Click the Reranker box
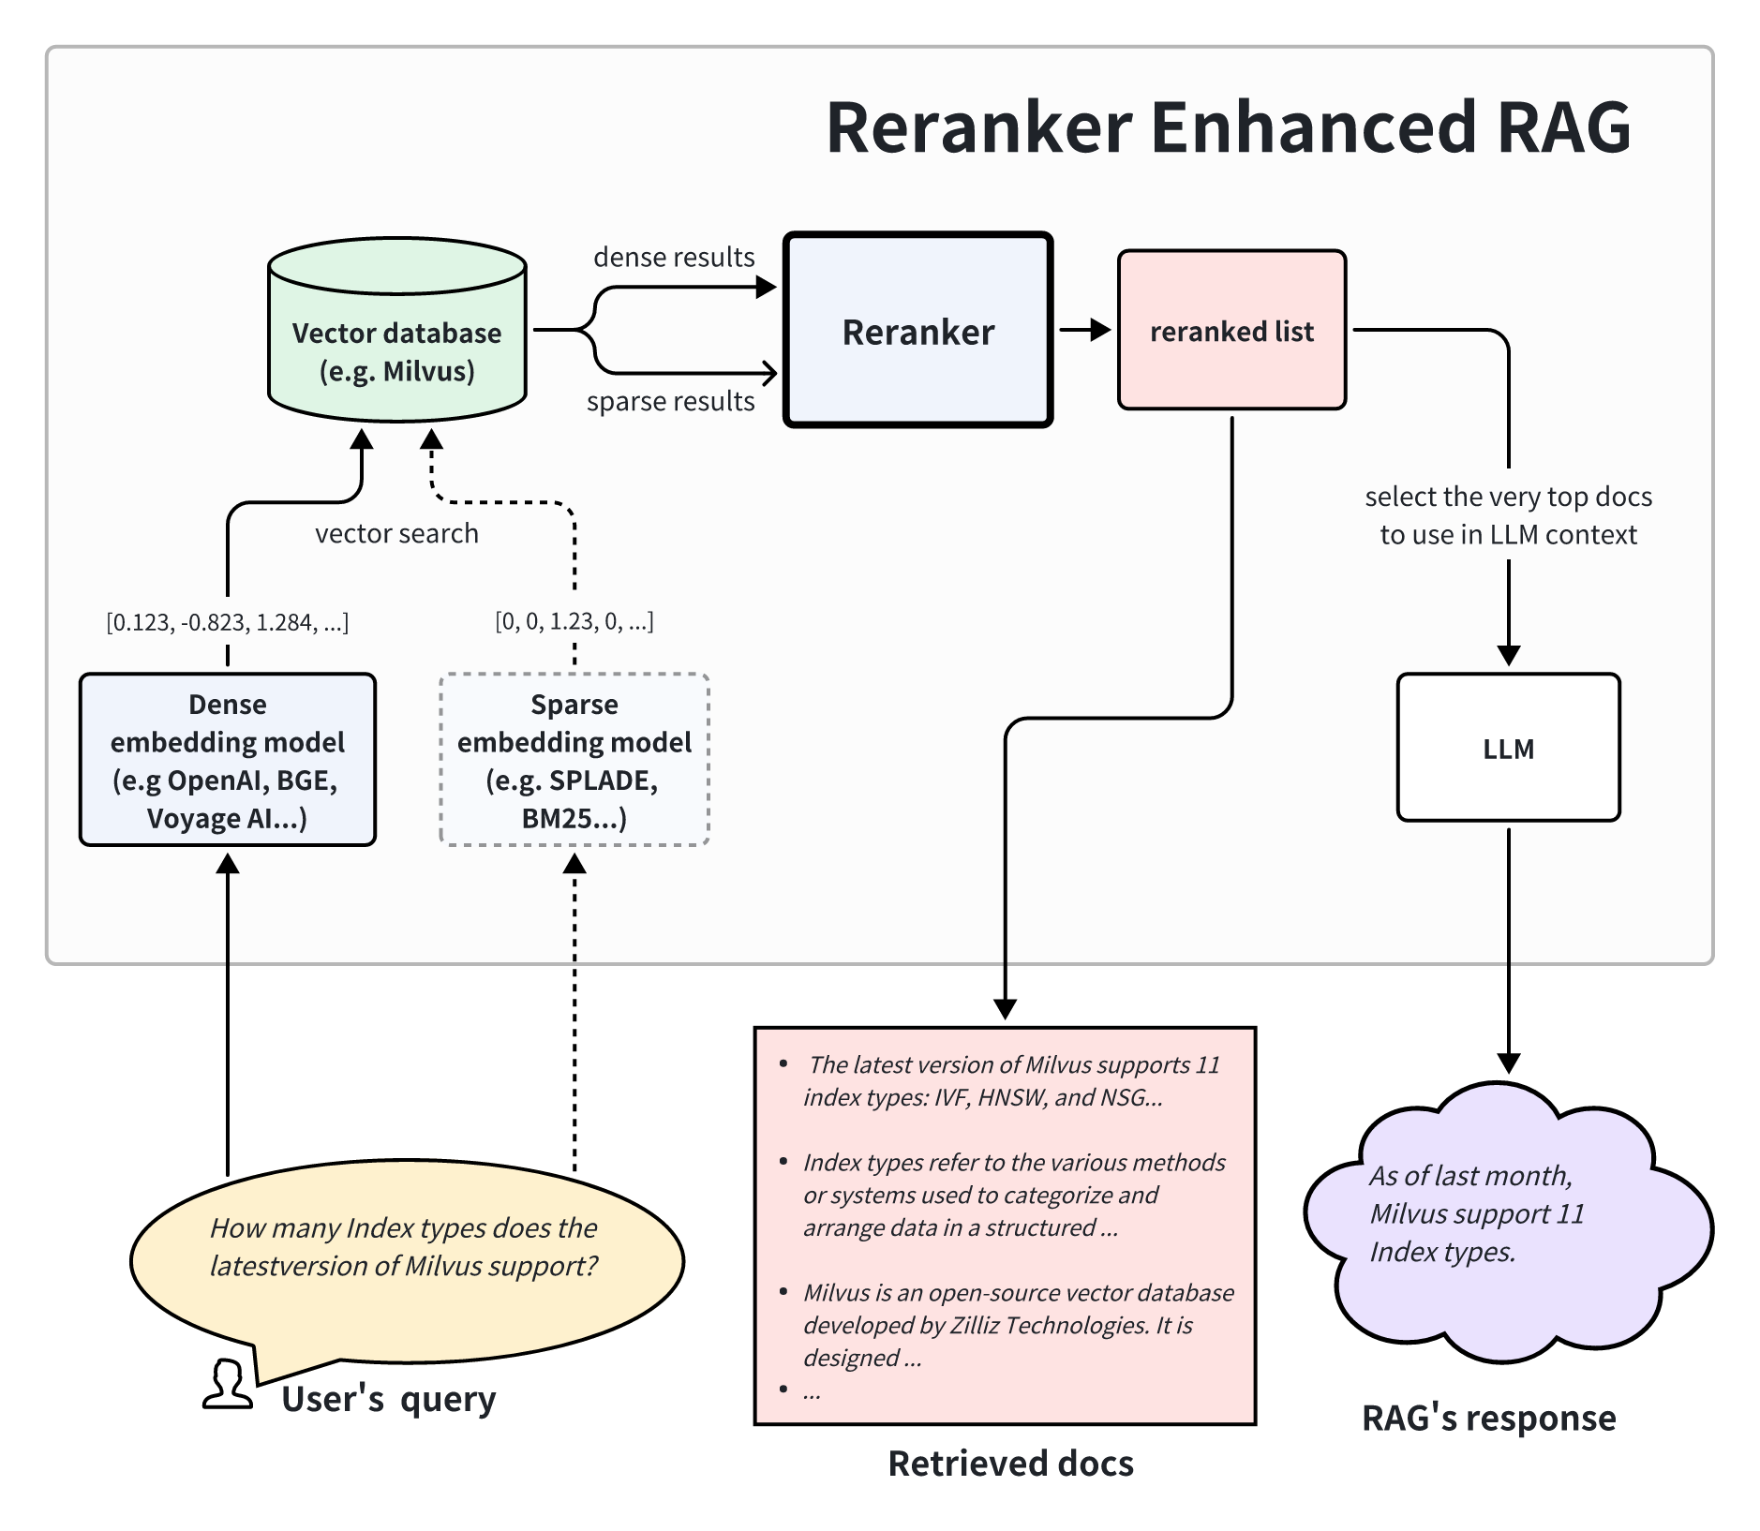click(917, 331)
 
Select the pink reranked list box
click(1231, 331)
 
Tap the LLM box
click(1507, 748)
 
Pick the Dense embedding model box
click(228, 760)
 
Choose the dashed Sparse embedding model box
click(574, 760)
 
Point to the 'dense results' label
click(673, 257)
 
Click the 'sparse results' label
click(670, 401)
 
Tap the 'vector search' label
click(396, 533)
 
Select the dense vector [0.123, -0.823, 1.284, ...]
click(228, 622)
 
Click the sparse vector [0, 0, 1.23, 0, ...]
click(574, 621)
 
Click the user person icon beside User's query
click(228, 1385)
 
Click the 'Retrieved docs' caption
click(1010, 1464)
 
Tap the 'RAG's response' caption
click(1488, 1418)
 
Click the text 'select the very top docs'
click(1507, 497)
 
